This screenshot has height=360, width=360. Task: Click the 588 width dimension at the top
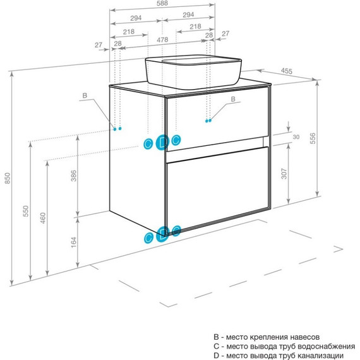162,3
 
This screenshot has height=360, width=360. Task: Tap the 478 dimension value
162,40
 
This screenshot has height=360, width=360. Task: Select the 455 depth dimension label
287,71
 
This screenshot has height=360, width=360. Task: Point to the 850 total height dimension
8,178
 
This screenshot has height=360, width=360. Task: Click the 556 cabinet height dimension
313,138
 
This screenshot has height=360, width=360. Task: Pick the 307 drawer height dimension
284,174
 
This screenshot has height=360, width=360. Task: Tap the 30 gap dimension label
296,137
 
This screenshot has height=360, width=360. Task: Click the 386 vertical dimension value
73,176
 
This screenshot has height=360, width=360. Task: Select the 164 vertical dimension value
73,243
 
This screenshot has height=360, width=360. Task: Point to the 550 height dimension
26,211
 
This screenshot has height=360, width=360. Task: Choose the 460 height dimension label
43,218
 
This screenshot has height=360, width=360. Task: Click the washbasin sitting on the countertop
193,71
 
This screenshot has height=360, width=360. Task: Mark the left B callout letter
85,95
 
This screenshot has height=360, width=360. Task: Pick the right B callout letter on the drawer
233,99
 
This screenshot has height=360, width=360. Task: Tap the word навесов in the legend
304,337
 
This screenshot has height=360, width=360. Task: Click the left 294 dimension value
136,18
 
